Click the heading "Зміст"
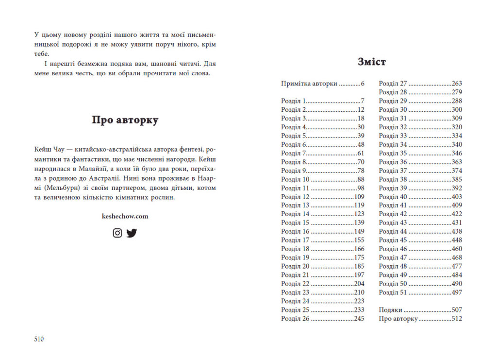point(371,62)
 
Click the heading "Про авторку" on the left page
point(125,120)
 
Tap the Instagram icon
point(117,233)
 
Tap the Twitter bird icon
point(132,233)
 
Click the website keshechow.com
point(125,216)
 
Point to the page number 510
point(39,339)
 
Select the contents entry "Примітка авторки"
point(309,84)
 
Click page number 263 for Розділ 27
point(457,84)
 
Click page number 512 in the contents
point(457,319)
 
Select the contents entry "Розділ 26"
point(295,319)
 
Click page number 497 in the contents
point(457,292)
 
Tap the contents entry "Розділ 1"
point(293,101)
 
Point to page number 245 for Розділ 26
point(359,319)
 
